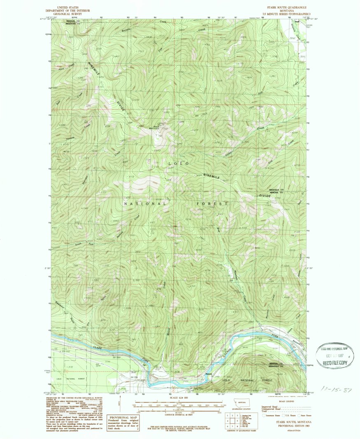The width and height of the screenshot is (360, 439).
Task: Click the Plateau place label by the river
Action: point(209,374)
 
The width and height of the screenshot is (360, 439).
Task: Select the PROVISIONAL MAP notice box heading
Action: point(121,417)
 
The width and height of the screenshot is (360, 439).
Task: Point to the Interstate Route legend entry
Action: point(267,416)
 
